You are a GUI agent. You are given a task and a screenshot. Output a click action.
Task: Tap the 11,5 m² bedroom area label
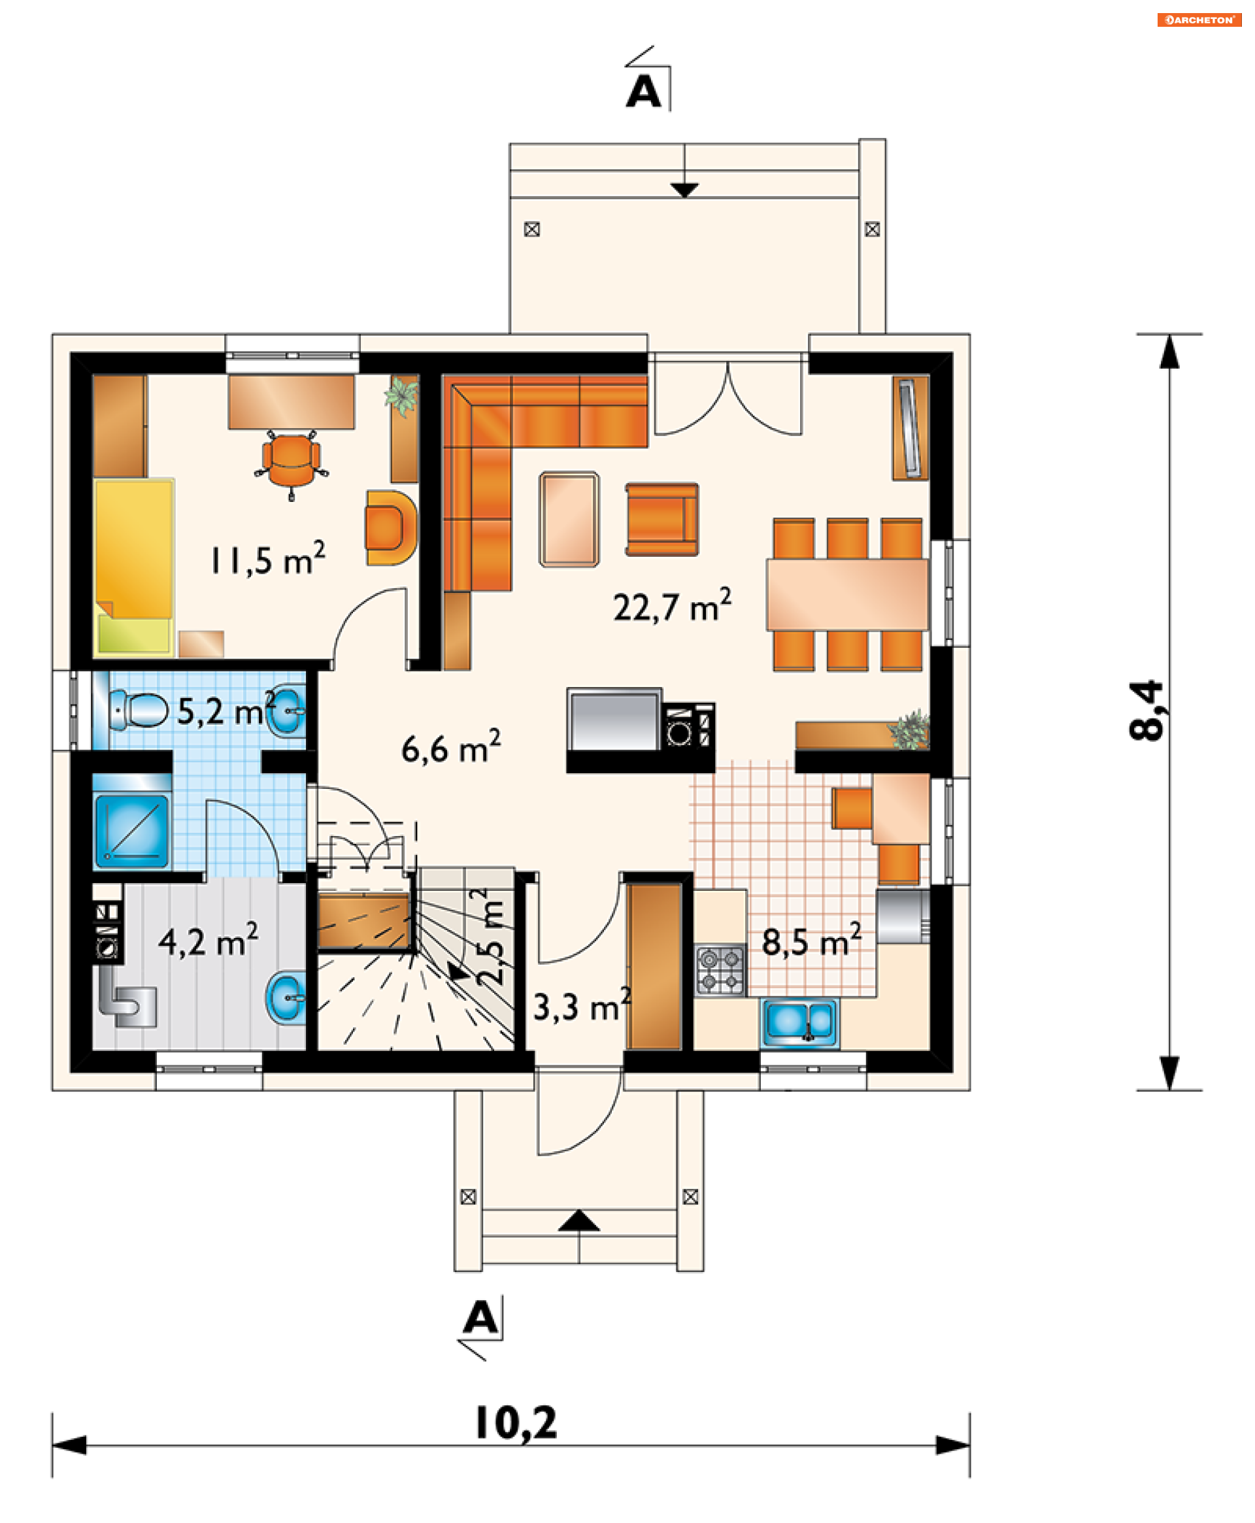tap(267, 558)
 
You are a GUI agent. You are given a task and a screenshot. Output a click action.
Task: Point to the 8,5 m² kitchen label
tap(811, 941)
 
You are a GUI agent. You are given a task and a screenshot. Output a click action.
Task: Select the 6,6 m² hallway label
tap(451, 747)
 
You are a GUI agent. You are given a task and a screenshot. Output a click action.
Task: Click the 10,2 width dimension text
tap(516, 1422)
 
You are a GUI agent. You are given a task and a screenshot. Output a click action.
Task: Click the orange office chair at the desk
tap(292, 463)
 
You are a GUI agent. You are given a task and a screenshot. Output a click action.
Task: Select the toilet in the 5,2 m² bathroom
tap(138, 710)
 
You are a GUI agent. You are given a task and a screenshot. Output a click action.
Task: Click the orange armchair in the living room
tap(661, 519)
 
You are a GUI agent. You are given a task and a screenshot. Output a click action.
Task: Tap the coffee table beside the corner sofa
tap(569, 518)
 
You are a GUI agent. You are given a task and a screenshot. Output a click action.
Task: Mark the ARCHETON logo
tap(1199, 20)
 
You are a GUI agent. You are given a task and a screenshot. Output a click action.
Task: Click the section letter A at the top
tap(643, 93)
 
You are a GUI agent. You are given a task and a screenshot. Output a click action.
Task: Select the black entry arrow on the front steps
tap(578, 1221)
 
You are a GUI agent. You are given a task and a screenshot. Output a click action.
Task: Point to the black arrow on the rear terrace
tap(684, 190)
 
